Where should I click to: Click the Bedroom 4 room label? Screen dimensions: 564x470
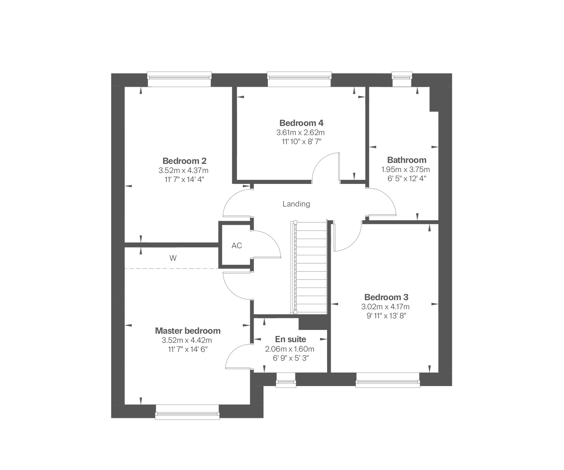pos(301,123)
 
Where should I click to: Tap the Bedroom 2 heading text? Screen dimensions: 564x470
pos(185,161)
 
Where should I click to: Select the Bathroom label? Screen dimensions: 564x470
pos(407,160)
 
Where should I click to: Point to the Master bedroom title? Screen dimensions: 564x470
pos(188,331)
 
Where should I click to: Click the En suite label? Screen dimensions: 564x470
pos(290,339)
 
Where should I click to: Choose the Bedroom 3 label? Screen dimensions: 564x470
pos(386,297)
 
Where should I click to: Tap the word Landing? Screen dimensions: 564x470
pos(296,204)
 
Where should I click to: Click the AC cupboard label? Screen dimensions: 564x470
pos(237,246)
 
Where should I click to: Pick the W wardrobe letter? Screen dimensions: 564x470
pos(173,258)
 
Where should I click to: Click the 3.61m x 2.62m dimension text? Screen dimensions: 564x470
pos(300,133)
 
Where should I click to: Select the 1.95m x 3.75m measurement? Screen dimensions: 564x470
pos(405,170)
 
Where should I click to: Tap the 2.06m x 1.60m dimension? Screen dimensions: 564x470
pos(290,349)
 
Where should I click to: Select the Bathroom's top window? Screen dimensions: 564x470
pos(402,79)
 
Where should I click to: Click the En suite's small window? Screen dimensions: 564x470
pos(286,380)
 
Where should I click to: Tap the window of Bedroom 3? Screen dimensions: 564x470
pos(388,380)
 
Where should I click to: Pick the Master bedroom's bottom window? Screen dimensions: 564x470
pos(187,412)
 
